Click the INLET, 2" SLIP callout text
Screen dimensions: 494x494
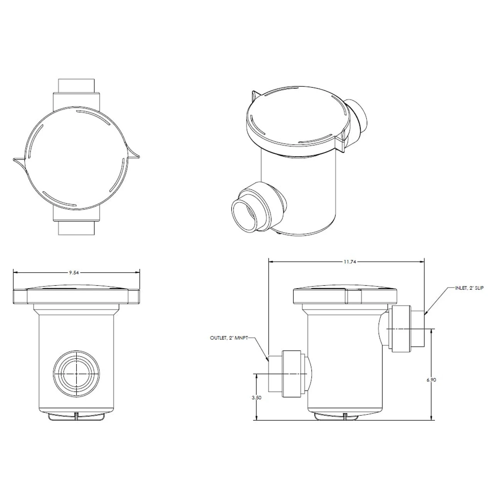[x=469, y=288]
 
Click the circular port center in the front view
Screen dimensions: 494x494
[x=76, y=374]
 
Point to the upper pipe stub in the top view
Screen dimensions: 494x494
[x=76, y=85]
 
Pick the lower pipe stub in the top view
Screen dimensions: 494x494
[x=76, y=228]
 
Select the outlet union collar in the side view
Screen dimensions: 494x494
[x=292, y=374]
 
